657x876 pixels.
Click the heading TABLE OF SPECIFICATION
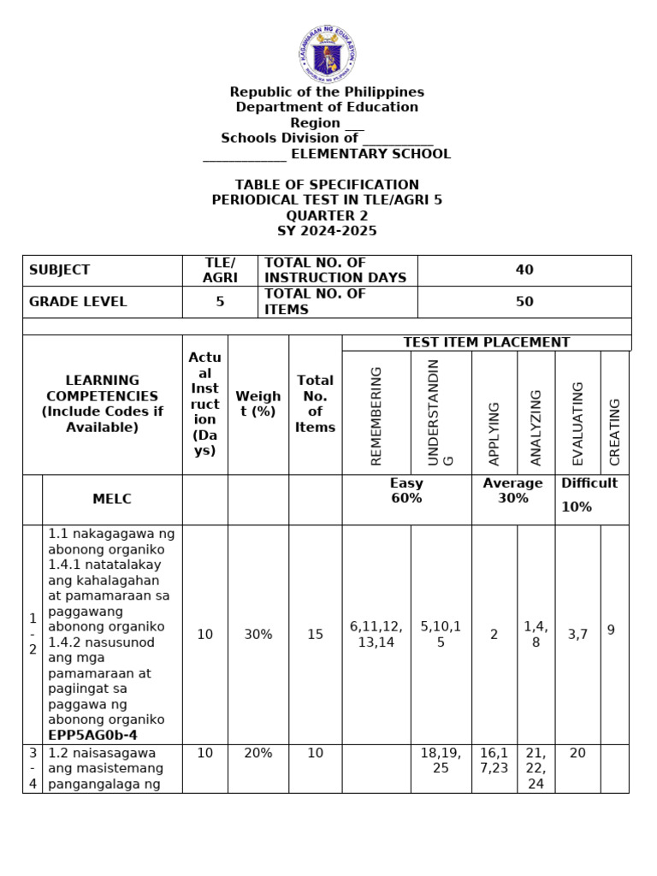pos(328,185)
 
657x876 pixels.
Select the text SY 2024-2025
pos(328,231)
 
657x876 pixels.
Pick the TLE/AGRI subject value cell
pos(220,270)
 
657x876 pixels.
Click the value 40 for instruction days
pos(524,270)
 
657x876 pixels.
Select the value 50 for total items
pos(524,302)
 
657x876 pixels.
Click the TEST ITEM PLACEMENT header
pos(487,342)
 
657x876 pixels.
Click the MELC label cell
pos(112,499)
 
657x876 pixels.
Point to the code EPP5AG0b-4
pos(93,735)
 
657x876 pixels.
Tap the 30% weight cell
pos(258,635)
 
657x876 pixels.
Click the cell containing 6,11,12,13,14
pos(376,635)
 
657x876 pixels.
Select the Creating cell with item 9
pos(611,630)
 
